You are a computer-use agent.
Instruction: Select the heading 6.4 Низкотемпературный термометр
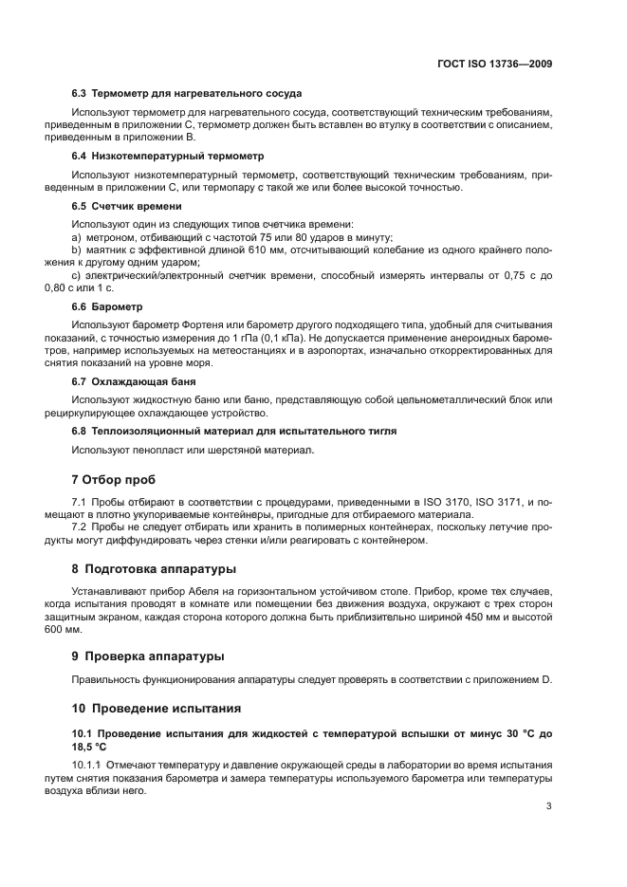tap(168, 155)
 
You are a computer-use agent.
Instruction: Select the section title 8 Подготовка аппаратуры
tap(155, 569)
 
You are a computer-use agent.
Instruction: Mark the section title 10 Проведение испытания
tap(157, 708)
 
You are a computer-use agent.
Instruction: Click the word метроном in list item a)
tap(112, 236)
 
